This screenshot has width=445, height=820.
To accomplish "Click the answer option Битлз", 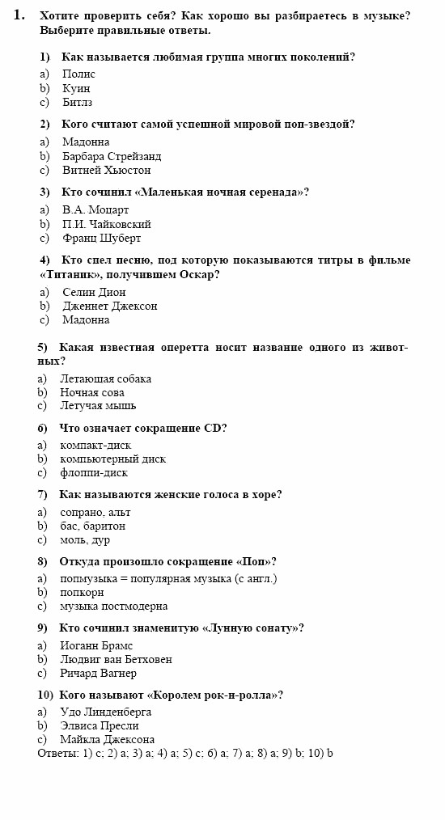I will pos(77,103).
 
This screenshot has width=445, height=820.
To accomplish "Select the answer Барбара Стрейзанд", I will pos(112,156).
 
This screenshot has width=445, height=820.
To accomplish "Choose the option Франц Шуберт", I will pos(101,238).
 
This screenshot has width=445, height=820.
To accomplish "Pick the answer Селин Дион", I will pos(94,292).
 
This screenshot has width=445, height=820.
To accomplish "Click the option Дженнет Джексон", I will pos(109,306).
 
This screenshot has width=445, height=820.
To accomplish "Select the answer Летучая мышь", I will pos(98,405).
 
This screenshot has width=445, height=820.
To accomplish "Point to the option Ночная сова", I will pos(92,392).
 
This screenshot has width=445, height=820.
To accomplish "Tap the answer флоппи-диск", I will pos(94,472).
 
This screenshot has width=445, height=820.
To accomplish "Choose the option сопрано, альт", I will pos(95,512).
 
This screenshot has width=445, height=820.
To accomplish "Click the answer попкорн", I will pos(82,592).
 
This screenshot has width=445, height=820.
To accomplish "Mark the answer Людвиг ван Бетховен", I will pos(116,659).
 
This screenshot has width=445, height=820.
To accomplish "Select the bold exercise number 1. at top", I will pos(19,15).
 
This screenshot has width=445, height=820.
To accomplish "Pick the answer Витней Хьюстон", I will pos(106,170).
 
